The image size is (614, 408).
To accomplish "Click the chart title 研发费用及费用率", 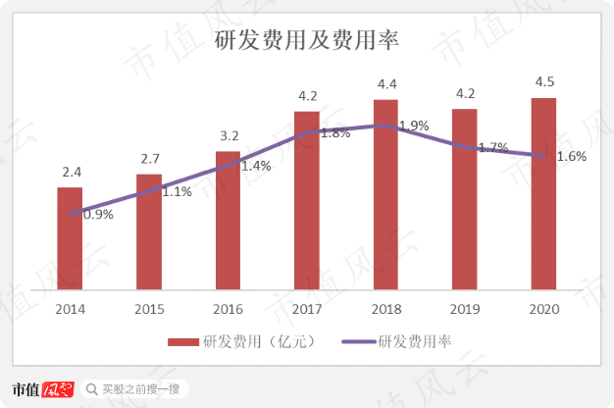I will pos(306,40).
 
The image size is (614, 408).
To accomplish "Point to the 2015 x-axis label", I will pos(149,309).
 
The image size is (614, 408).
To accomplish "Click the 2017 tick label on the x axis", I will pos(307,309).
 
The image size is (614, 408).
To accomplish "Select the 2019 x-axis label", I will pos(465,309).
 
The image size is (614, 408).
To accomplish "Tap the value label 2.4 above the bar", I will pos(70,172).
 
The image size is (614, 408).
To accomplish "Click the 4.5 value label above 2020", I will pos(543,81).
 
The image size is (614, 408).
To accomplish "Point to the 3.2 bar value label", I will pos(228,135).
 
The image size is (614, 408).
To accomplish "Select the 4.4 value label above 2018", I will pos(385,83).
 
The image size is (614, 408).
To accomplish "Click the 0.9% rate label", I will pos(98,214).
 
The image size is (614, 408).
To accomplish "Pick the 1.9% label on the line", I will pos(414,126).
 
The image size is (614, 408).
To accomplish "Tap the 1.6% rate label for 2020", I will pos(572,156).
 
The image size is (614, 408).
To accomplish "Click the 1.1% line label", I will pos(177,192).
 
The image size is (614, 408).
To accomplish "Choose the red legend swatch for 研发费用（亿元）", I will pos(183,341).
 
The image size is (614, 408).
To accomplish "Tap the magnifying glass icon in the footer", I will pos(91,389).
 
